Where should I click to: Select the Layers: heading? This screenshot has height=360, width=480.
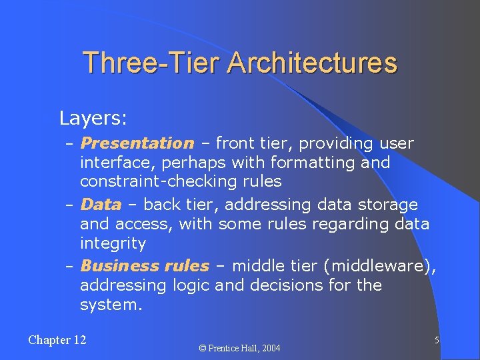click(93, 119)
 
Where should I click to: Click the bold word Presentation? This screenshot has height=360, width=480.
click(137, 143)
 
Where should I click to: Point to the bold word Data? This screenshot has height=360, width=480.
click(101, 205)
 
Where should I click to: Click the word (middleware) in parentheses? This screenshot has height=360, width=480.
click(379, 267)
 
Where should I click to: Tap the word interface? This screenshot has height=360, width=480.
click(112, 162)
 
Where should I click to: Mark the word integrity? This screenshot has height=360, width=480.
click(113, 243)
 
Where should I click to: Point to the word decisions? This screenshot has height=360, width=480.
click(295, 285)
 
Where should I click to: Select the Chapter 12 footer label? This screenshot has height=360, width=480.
click(57, 340)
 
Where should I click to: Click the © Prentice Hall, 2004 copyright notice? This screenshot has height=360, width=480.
click(240, 348)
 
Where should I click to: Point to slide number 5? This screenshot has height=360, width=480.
click(437, 340)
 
